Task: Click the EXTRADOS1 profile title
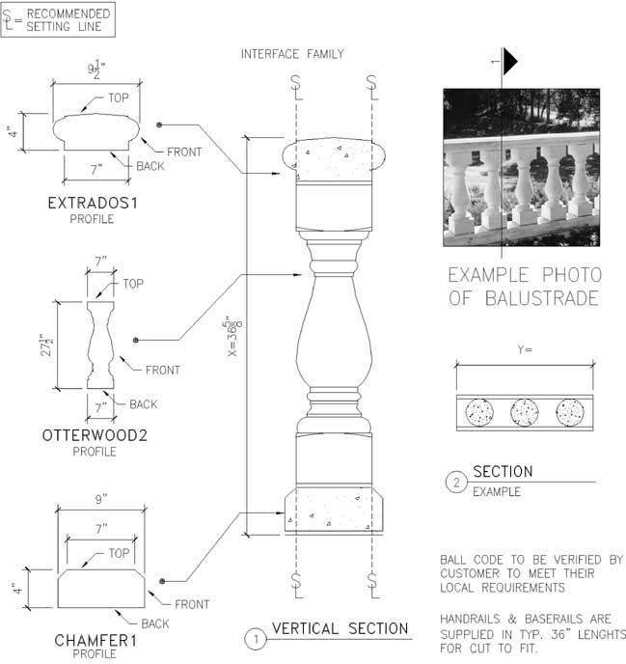click(93, 204)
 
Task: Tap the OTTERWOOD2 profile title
click(95, 435)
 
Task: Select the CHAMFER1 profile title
click(95, 641)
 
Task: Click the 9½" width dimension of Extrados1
click(96, 69)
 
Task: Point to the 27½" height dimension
click(46, 345)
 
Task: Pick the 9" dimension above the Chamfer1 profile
click(101, 499)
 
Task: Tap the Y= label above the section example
click(525, 349)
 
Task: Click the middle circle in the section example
click(525, 412)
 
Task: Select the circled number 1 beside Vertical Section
click(256, 639)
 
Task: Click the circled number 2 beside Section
click(456, 483)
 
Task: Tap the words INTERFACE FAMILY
click(292, 54)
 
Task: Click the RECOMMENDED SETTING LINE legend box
click(58, 19)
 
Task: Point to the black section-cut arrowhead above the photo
click(509, 62)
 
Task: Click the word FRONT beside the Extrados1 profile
click(184, 152)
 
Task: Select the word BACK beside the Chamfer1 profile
click(155, 623)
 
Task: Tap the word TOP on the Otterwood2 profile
click(133, 284)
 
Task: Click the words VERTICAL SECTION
click(340, 629)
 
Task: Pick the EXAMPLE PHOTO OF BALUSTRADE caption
click(525, 287)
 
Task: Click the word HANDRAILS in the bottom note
click(471, 619)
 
